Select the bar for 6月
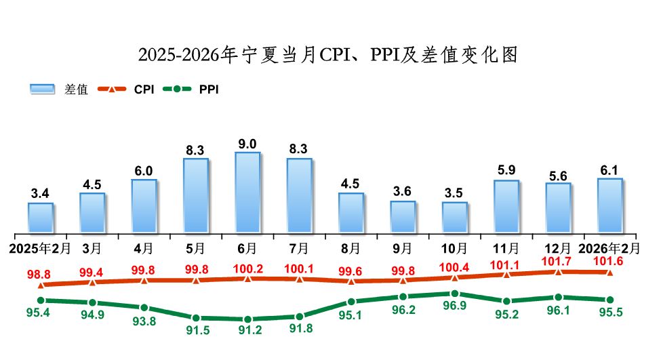coord(247,192)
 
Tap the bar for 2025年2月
coord(41,217)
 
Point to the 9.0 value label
coord(247,144)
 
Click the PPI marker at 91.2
coord(247,319)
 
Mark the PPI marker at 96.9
coord(454,294)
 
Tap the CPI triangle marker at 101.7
coord(558,271)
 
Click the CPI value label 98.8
coord(39,274)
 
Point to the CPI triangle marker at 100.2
coord(247,278)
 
